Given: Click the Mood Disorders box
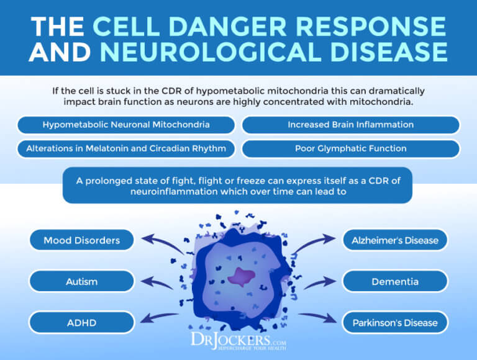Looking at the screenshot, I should [82, 240].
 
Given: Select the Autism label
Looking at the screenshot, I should [82, 281].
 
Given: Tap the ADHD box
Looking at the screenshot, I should [82, 322].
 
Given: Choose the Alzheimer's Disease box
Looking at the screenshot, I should [395, 240].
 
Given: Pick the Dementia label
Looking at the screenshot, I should [395, 281].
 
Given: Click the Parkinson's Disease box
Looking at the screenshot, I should [395, 322].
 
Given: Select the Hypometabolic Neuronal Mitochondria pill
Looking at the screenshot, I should [126, 125].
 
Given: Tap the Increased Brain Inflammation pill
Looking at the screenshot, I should [350, 125].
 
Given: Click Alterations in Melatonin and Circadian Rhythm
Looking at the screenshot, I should [126, 149].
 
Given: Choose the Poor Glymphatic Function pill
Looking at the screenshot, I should [350, 149].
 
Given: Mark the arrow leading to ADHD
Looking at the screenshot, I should [160, 318].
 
